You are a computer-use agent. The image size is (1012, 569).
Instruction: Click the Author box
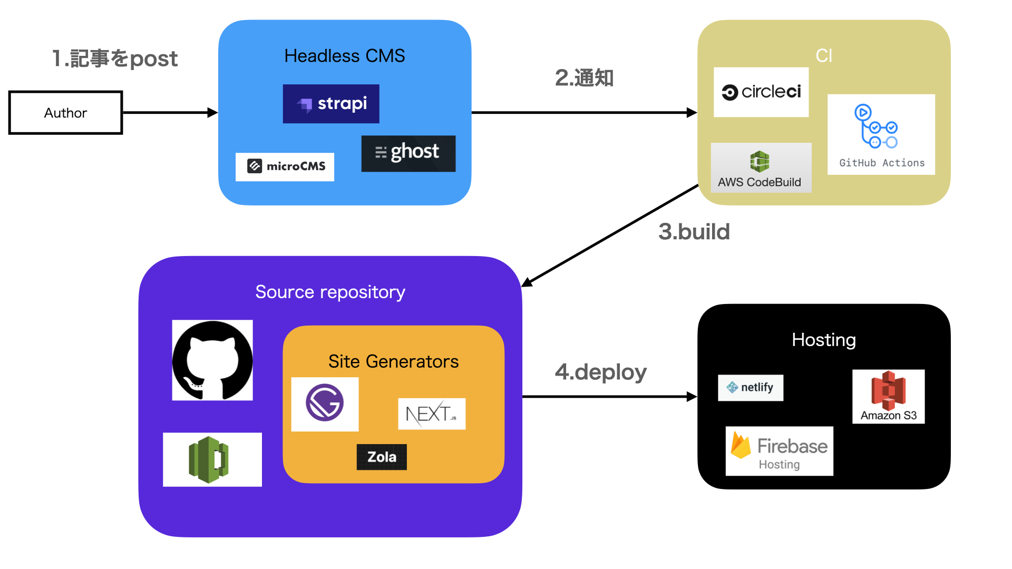click(65, 113)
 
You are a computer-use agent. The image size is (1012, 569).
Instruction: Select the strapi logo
click(331, 104)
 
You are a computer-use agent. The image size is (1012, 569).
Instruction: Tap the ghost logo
click(408, 153)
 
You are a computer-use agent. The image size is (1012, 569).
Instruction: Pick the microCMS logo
click(285, 166)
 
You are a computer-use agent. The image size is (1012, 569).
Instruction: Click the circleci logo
click(761, 92)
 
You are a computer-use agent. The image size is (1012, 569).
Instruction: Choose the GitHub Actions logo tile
click(881, 135)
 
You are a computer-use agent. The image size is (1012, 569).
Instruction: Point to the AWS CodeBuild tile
click(761, 168)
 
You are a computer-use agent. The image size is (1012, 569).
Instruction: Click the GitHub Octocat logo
click(212, 360)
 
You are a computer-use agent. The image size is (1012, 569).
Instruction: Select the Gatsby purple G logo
click(325, 404)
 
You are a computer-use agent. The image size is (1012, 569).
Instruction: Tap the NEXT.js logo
click(431, 414)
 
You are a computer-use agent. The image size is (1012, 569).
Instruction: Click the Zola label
click(382, 457)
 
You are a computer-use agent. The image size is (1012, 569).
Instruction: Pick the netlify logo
click(750, 388)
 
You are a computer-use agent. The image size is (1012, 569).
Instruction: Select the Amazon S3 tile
click(888, 397)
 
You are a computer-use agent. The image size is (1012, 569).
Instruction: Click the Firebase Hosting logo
click(779, 451)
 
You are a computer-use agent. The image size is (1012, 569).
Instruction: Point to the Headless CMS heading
click(345, 56)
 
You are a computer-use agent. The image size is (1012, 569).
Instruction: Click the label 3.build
click(694, 232)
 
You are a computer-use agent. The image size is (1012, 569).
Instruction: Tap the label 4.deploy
click(600, 372)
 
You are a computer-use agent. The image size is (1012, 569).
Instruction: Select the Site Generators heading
click(393, 361)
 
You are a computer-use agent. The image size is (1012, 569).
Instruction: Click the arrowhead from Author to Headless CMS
click(213, 113)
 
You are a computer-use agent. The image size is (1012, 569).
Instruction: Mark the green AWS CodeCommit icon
click(209, 459)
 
